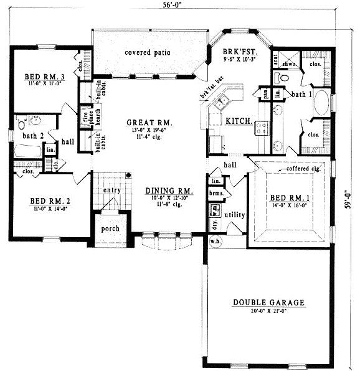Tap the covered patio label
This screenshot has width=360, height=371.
147,52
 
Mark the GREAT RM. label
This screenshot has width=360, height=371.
149,123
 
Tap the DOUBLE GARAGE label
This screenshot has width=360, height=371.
269,303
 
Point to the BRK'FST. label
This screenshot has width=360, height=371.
238,52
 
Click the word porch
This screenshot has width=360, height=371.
110,228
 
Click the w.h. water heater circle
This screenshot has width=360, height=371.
214,242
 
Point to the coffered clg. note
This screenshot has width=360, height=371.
303,169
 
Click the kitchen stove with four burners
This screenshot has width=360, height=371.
261,128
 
